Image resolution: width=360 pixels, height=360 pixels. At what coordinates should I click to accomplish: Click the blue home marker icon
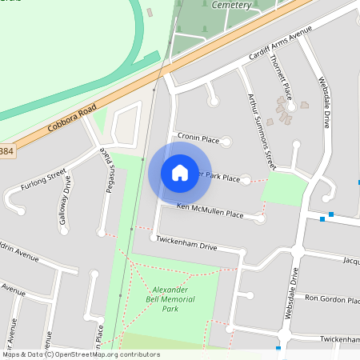pos(180,173)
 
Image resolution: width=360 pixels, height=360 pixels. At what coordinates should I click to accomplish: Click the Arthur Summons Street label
pos(260,127)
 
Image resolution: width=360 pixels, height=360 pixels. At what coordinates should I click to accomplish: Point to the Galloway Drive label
pos(66,205)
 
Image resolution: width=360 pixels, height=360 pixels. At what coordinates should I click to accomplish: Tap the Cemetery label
pos(232,5)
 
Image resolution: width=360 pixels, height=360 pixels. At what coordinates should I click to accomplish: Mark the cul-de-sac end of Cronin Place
pos(226,142)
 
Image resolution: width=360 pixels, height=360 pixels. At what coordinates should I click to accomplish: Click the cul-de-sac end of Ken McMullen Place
pos(264,218)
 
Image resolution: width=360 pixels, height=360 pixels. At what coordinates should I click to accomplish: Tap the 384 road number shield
pos(6,151)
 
